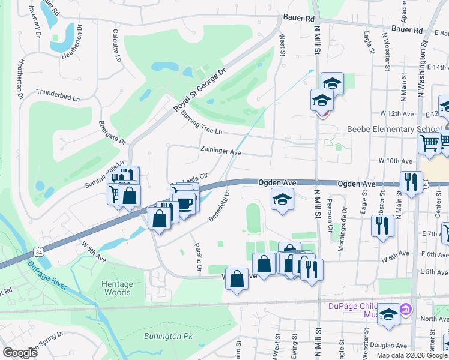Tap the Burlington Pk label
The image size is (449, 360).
coord(164,335)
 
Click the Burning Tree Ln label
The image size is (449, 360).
coord(201,122)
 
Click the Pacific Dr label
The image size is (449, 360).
coord(197,257)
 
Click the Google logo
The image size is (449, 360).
coord(20,353)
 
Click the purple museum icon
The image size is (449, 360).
coord(406,309)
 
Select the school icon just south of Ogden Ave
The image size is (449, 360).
coord(280,199)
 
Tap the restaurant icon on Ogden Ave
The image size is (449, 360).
coord(411,182)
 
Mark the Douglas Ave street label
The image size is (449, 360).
coord(388,346)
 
